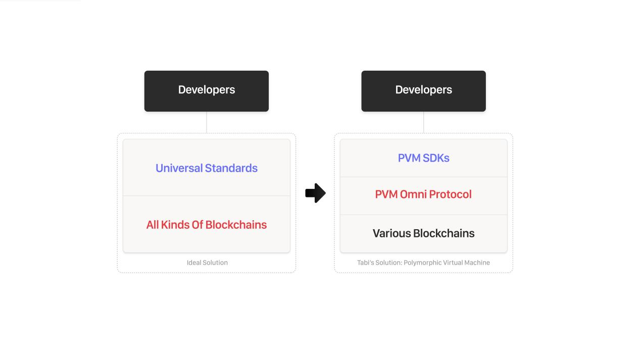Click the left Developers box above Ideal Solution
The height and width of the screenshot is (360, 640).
[x=206, y=91]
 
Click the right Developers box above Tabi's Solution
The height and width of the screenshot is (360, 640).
[x=423, y=91]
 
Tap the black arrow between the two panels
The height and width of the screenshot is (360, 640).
[x=315, y=193]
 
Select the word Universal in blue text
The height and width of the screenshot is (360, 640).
[x=179, y=168]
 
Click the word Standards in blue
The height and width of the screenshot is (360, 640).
[x=231, y=168]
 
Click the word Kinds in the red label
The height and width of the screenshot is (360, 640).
[x=175, y=225]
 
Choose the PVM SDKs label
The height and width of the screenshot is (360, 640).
[x=423, y=158]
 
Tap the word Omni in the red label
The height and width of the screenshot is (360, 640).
[x=413, y=194]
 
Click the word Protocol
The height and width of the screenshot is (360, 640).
[x=450, y=194]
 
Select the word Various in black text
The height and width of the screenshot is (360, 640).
[x=391, y=233]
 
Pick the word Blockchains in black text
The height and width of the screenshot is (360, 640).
[x=444, y=233]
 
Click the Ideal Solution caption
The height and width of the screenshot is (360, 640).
[x=207, y=263]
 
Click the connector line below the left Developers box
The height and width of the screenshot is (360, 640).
[x=206, y=122]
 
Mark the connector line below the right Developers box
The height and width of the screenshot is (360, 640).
[x=423, y=122]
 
